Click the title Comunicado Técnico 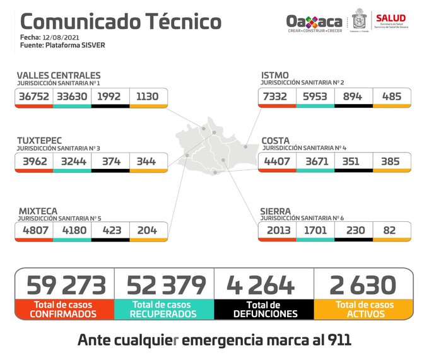tap(120, 21)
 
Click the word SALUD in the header tap(391, 17)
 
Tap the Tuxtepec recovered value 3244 tap(72, 161)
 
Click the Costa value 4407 tap(277, 161)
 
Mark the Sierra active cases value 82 tap(392, 231)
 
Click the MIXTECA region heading tap(37, 211)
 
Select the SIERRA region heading tap(276, 211)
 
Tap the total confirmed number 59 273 tap(66, 286)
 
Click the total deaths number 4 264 tap(263, 286)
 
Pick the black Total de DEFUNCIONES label tap(263, 309)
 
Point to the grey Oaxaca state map tap(215, 151)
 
